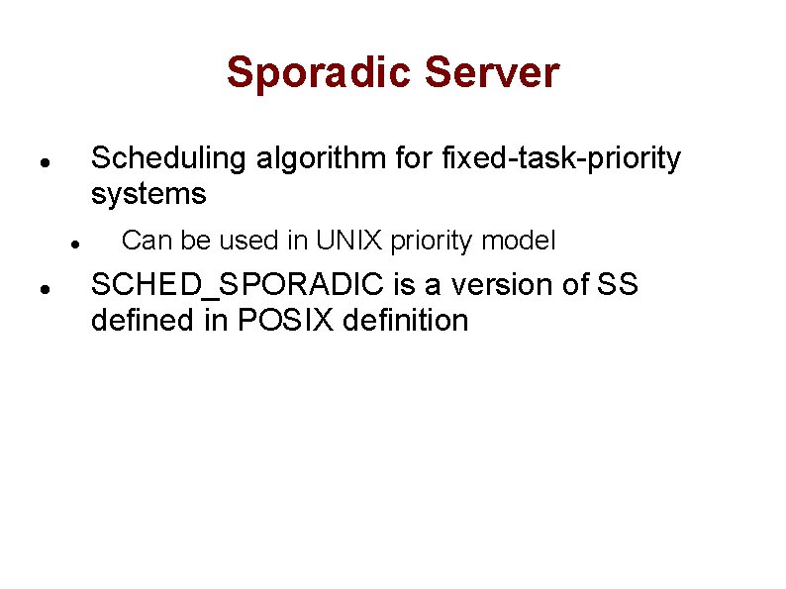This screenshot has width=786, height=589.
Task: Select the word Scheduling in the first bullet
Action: (x=168, y=158)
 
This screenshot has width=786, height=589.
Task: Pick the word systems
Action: (x=148, y=194)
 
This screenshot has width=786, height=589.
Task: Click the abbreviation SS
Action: (x=619, y=285)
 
